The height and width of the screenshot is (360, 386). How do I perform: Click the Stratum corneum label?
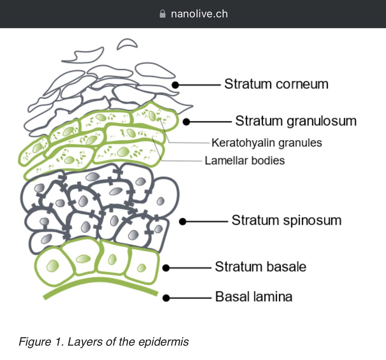pyautogui.click(x=276, y=84)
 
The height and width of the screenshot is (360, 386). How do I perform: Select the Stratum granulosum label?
pyautogui.click(x=296, y=121)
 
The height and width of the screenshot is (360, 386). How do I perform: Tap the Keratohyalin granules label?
pyautogui.click(x=266, y=143)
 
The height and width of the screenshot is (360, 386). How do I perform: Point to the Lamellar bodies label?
pyautogui.click(x=244, y=160)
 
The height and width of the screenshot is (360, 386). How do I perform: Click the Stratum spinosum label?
pyautogui.click(x=286, y=221)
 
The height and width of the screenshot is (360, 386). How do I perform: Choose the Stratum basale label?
pyautogui.click(x=260, y=267)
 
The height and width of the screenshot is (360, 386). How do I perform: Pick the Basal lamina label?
pyautogui.click(x=253, y=297)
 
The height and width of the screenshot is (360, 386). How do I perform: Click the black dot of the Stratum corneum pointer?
pyautogui.click(x=175, y=85)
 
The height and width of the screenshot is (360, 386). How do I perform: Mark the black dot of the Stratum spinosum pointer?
pyautogui.click(x=182, y=222)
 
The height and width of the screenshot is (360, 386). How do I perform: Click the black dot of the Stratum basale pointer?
pyautogui.click(x=166, y=268)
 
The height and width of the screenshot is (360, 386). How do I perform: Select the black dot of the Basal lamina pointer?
pyautogui.click(x=166, y=298)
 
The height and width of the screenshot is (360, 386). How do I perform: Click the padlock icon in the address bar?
pyautogui.click(x=163, y=14)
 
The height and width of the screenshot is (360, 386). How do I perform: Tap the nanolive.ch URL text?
pyautogui.click(x=199, y=14)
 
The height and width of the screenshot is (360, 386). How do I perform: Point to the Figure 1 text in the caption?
pyautogui.click(x=40, y=342)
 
